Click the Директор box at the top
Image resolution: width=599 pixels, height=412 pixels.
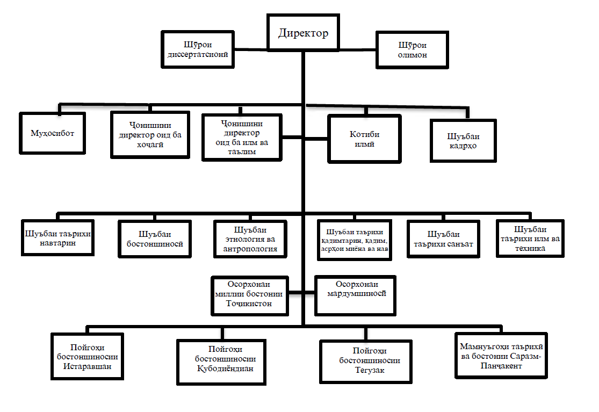click(x=304, y=33)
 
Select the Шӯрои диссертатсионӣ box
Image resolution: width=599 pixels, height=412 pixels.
click(x=198, y=49)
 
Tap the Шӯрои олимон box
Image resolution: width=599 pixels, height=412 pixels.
click(x=412, y=50)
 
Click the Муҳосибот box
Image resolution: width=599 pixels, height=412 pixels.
click(x=52, y=133)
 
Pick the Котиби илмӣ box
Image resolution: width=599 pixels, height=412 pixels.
click(x=364, y=139)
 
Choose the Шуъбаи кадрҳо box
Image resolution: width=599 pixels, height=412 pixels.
click(x=463, y=141)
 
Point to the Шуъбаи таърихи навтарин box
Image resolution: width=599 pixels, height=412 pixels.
click(x=57, y=237)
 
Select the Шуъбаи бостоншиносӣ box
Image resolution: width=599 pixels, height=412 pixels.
click(x=155, y=239)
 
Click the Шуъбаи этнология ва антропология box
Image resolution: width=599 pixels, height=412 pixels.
click(x=250, y=239)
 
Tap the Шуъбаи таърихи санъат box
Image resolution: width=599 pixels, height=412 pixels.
click(x=443, y=239)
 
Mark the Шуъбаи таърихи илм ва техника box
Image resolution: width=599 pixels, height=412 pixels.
click(x=530, y=238)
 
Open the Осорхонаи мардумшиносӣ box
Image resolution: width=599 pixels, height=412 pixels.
click(x=355, y=295)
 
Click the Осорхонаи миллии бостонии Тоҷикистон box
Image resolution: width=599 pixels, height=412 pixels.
click(x=250, y=296)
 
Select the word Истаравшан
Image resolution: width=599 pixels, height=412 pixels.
click(x=87, y=366)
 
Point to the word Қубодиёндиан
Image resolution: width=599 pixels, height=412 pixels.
click(x=225, y=368)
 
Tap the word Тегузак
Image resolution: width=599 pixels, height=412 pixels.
click(x=370, y=370)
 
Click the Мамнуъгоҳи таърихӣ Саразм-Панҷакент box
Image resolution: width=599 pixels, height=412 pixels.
click(x=501, y=356)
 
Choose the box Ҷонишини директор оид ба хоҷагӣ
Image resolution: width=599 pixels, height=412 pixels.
click(x=150, y=135)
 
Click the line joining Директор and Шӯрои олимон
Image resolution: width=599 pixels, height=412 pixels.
click(x=358, y=49)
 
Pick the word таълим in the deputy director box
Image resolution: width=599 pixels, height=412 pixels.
click(x=242, y=151)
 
